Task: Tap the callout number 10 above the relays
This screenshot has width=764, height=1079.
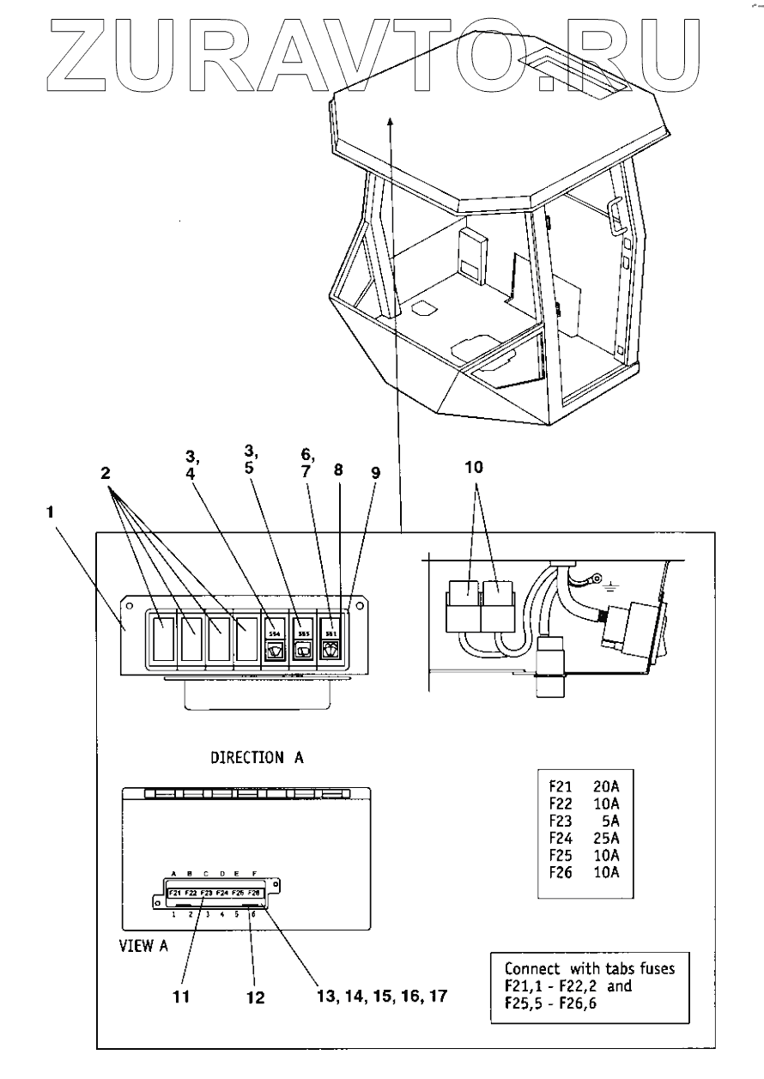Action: [474, 470]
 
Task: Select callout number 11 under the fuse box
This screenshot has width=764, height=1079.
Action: [181, 997]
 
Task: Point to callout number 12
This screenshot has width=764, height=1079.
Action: [254, 998]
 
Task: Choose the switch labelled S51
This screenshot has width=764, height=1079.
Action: [330, 639]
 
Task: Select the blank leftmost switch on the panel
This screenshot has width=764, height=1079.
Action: [163, 638]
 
